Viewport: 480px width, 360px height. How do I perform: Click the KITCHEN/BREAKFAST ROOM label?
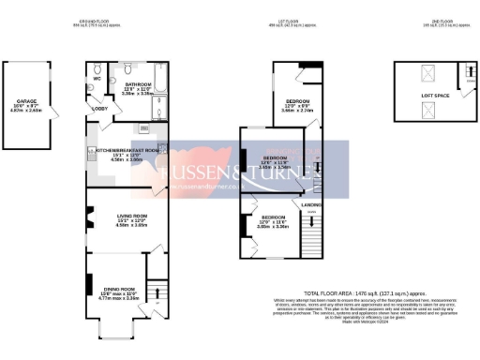click(x=128, y=150)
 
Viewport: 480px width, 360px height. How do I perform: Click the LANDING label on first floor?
click(x=311, y=203)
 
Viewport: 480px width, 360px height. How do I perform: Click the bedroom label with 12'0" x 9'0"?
click(x=299, y=99)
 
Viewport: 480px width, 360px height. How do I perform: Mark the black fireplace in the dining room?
click(x=89, y=285)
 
